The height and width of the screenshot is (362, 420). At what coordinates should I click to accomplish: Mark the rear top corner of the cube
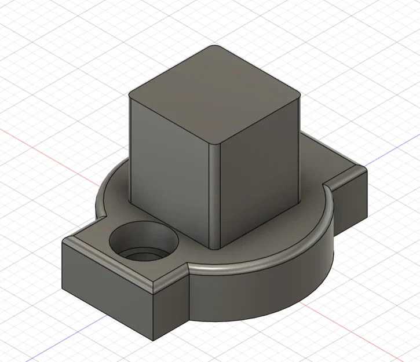point(215,47)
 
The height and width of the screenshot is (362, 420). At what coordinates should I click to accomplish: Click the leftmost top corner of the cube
point(130,96)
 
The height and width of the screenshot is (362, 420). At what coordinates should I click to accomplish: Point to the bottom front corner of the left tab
point(154,339)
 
